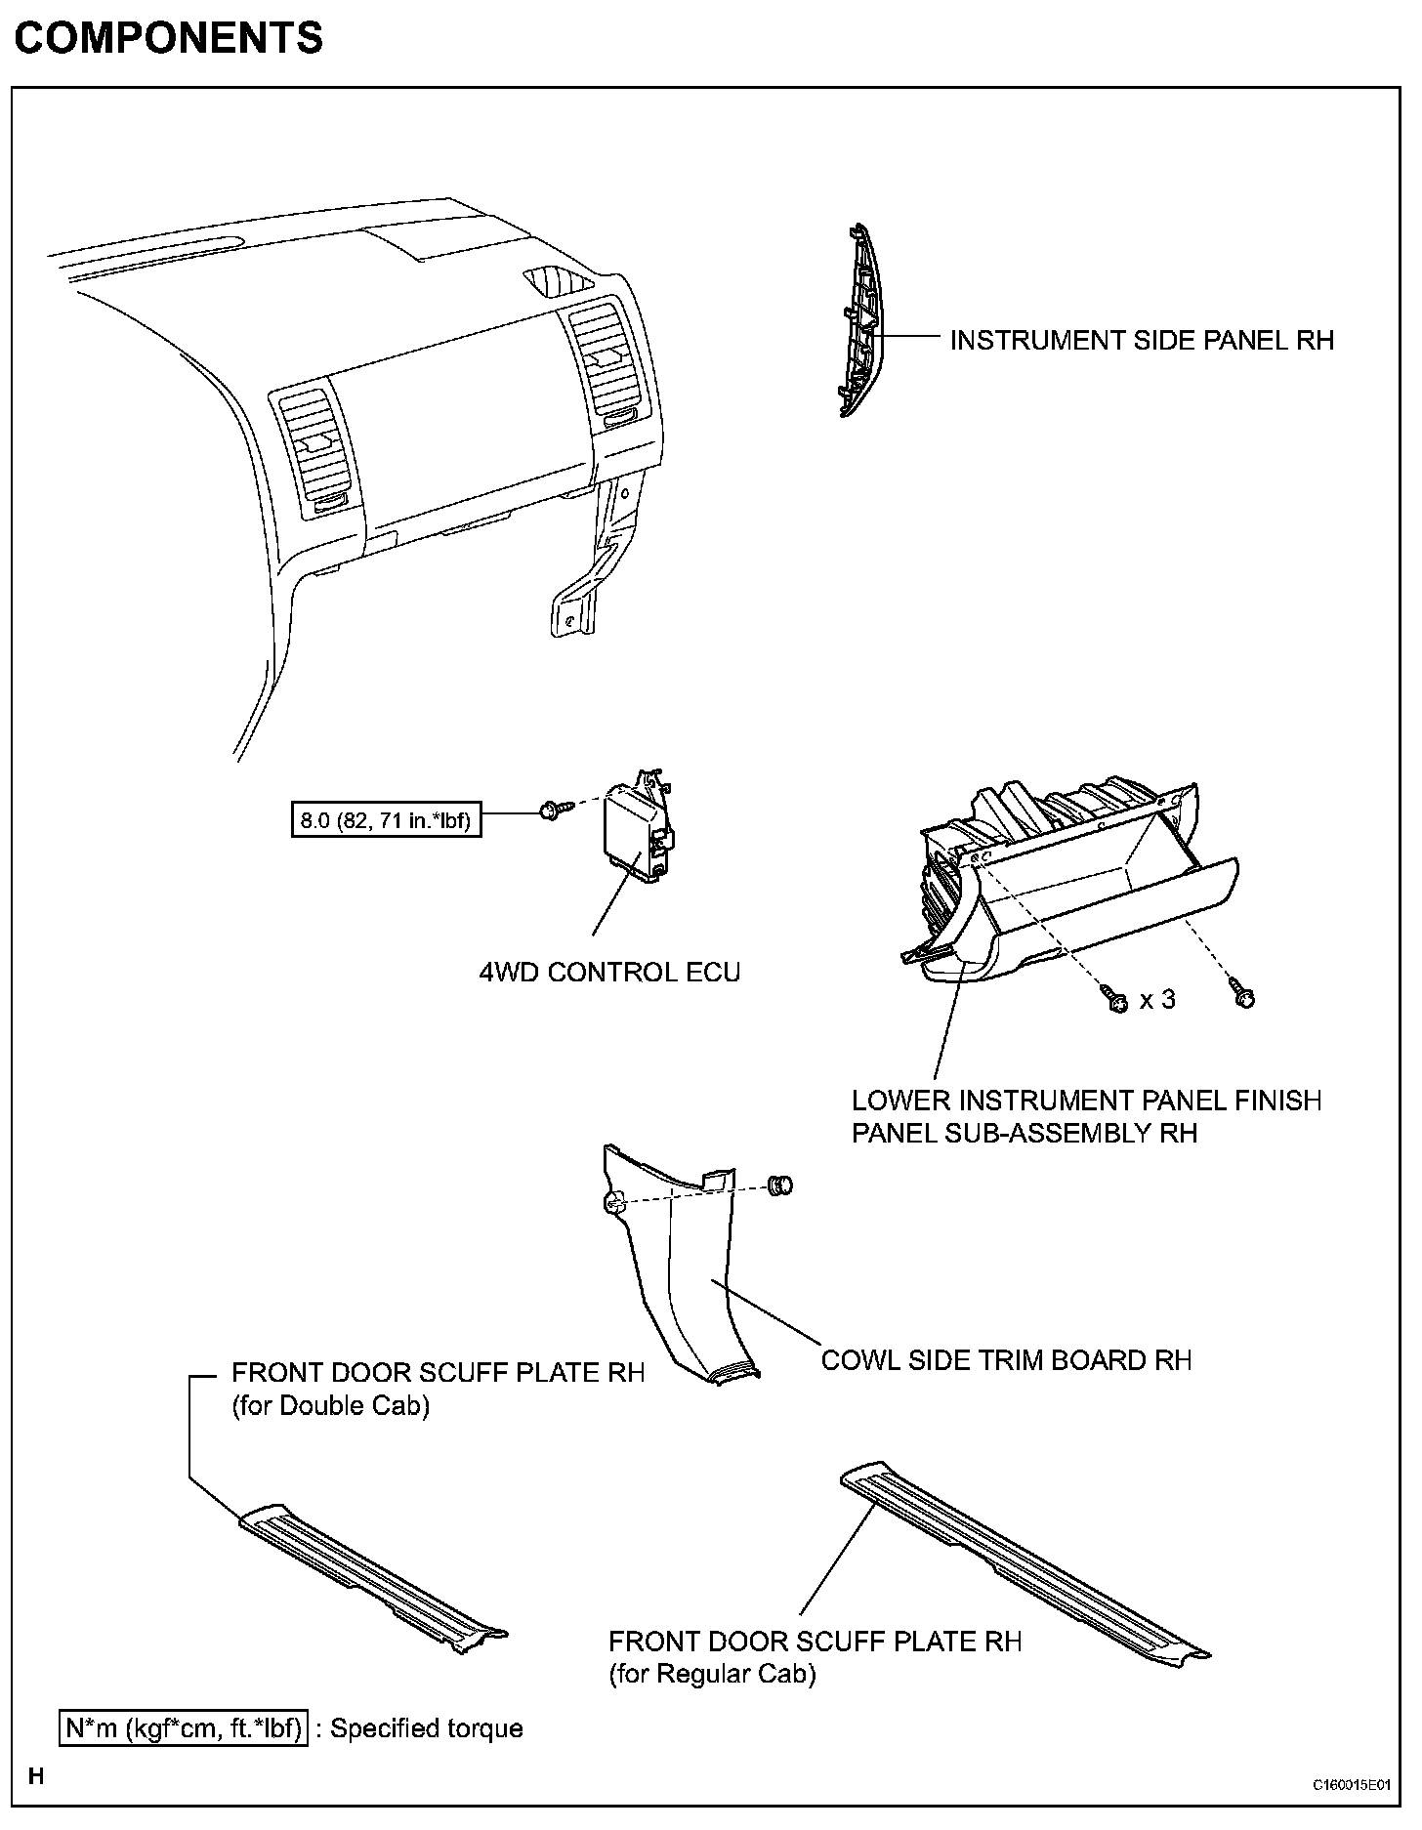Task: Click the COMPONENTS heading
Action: [x=168, y=38]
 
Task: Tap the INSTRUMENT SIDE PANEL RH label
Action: [x=1142, y=340]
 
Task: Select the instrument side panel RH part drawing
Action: [x=858, y=320]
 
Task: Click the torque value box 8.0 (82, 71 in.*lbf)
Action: [x=387, y=820]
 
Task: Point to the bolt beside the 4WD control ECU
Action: [x=551, y=810]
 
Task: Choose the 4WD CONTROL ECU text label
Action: [x=609, y=973]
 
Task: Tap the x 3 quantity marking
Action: [x=1157, y=1000]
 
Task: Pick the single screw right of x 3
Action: [x=1242, y=996]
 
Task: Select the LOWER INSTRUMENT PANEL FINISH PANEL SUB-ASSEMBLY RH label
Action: [x=1086, y=1116]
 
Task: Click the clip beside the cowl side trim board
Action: [x=781, y=1185]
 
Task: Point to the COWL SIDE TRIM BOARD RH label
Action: [x=1006, y=1360]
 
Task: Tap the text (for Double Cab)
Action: [x=330, y=1406]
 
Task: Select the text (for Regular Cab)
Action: [x=712, y=1674]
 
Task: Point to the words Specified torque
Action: [x=427, y=1728]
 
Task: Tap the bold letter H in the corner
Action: [x=36, y=1775]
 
